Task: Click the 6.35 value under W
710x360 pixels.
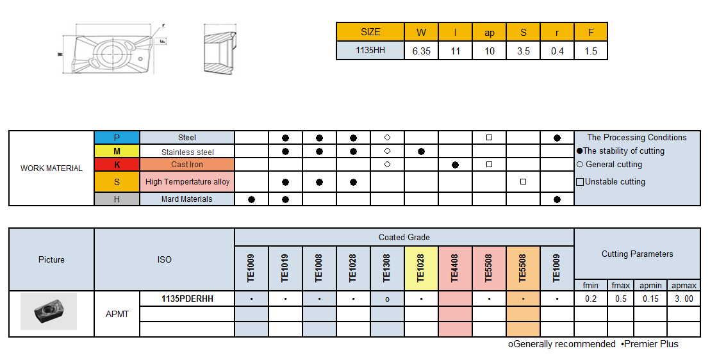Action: click(422, 51)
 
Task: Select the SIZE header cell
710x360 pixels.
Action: click(370, 32)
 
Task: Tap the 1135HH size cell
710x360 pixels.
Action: click(370, 51)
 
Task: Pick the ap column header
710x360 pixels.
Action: click(490, 33)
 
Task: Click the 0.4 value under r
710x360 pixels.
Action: click(557, 51)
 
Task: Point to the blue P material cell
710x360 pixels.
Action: click(117, 138)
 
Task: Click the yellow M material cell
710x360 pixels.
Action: click(117, 152)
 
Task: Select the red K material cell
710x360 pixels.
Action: click(117, 165)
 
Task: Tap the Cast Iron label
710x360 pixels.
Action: click(187, 165)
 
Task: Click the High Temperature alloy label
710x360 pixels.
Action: click(187, 182)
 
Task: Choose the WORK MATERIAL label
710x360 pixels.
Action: click(51, 168)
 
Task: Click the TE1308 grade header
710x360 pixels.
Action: click(387, 268)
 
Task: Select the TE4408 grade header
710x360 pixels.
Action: click(455, 268)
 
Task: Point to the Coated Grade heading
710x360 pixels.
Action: click(404, 238)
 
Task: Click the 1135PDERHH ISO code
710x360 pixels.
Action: click(187, 299)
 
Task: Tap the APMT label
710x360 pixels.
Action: click(117, 314)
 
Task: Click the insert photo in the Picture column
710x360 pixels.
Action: click(49, 311)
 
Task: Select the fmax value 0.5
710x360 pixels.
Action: click(620, 299)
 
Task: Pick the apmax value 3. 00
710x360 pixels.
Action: click(683, 299)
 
